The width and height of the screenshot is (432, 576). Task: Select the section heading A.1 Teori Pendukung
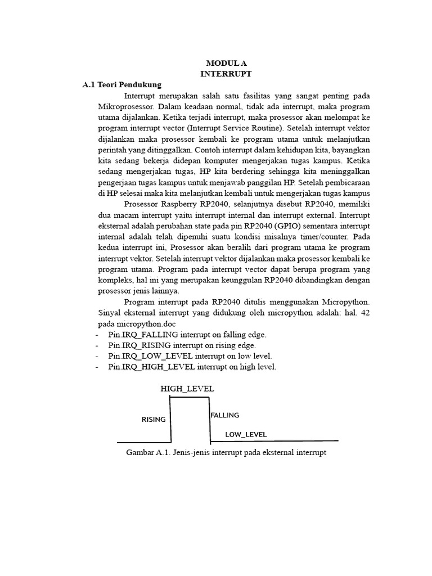tap(121, 85)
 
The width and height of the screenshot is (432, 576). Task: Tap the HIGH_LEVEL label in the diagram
tap(187, 389)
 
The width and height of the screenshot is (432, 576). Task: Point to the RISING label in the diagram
tap(154, 420)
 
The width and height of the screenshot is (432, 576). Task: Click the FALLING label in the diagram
tap(225, 416)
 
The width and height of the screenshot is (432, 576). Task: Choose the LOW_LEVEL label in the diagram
tap(246, 435)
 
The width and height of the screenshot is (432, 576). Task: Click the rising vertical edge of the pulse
tap(171, 419)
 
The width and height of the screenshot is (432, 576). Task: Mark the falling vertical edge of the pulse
tap(210, 419)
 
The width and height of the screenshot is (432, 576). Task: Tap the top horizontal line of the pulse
tap(190, 398)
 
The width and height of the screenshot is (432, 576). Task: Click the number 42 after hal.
tap(364, 313)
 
